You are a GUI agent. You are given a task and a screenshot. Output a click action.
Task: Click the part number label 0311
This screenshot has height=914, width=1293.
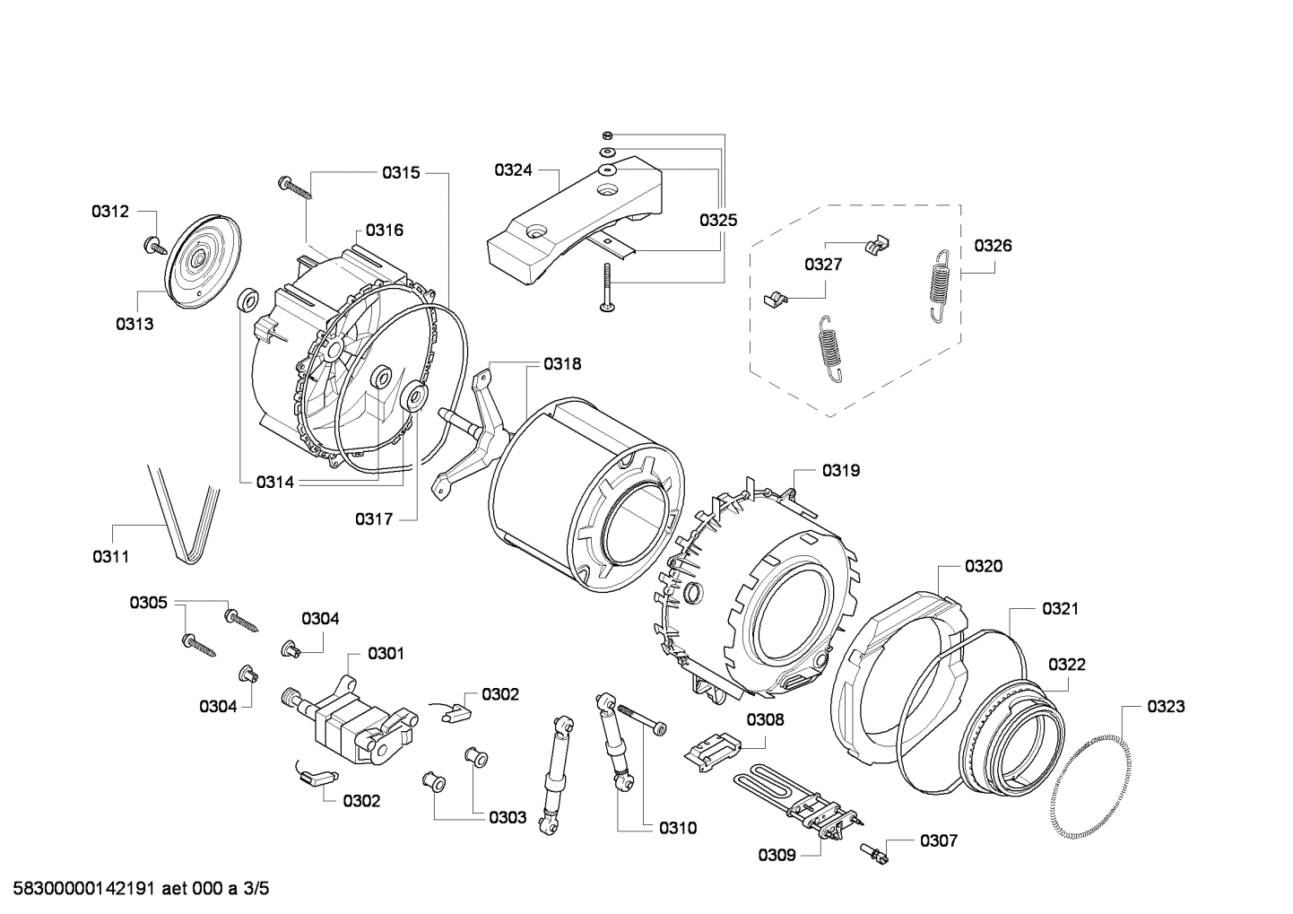pos(110,557)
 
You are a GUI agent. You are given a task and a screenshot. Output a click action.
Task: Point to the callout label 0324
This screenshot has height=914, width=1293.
pos(513,170)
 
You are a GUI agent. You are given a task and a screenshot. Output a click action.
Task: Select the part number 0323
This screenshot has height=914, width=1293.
pos(1166,706)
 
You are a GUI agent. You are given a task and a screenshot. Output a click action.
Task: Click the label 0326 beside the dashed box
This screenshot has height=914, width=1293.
pos(993,245)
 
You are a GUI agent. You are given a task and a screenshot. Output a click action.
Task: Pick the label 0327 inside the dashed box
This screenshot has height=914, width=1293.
pos(822,264)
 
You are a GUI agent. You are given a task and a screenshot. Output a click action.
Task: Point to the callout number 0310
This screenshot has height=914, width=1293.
pos(677,828)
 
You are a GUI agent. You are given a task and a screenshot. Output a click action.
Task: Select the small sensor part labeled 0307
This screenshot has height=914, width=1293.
pos(873,852)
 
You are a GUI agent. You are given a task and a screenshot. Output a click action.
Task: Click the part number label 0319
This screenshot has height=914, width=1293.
pos(841,470)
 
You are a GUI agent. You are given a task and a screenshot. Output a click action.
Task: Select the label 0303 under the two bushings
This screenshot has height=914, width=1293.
pos(508,817)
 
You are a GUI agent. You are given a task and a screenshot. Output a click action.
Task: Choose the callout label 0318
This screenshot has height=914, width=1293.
pos(562,363)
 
